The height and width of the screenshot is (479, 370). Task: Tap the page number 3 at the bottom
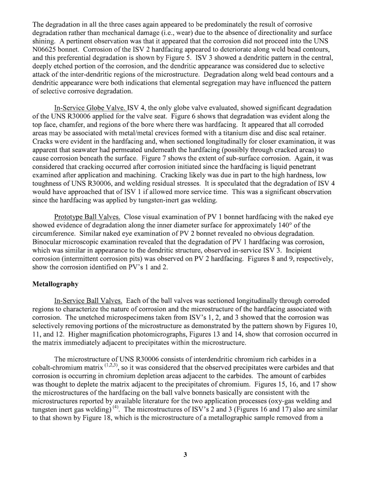pos(185,454)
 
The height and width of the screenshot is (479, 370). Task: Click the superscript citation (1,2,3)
pos(113,365)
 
